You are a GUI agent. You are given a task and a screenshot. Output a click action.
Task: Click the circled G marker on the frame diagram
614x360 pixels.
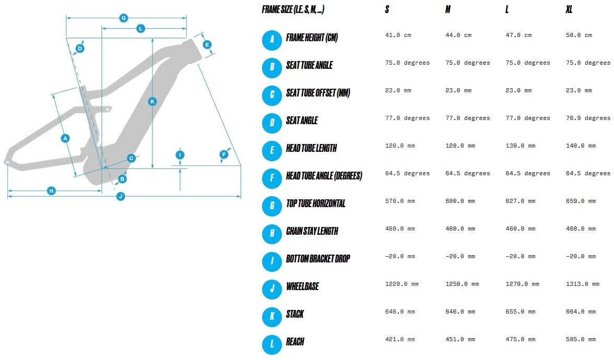pos(124,18)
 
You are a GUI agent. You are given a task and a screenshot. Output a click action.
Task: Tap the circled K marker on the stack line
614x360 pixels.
pos(152,101)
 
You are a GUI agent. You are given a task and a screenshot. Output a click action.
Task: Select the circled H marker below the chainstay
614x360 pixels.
pos(51,191)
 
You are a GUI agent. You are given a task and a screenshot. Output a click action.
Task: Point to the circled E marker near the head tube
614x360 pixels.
pos(207,44)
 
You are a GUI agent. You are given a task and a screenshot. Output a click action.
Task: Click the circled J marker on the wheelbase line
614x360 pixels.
pos(121,197)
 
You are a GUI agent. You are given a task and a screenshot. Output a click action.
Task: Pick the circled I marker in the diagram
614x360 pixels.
pos(180,155)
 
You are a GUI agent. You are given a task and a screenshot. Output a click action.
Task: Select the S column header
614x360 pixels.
pos(387,10)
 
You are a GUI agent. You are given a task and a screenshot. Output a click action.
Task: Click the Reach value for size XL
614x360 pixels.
pos(581,339)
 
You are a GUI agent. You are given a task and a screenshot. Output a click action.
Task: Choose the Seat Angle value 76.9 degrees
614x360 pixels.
pos(588,118)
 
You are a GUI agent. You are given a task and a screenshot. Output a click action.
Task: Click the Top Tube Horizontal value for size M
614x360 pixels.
pos(460,201)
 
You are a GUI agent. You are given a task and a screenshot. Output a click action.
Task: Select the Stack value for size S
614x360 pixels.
pos(400,311)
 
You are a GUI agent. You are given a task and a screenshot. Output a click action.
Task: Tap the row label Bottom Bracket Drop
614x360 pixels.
pos(318,259)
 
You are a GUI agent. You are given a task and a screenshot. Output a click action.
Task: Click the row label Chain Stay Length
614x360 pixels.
pos(312,231)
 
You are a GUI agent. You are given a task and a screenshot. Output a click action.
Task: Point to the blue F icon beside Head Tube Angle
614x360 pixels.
pos(272,178)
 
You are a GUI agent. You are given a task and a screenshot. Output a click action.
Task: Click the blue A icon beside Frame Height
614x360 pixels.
pos(272,40)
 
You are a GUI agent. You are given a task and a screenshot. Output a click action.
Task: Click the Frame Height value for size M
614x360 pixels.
pos(458,35)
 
